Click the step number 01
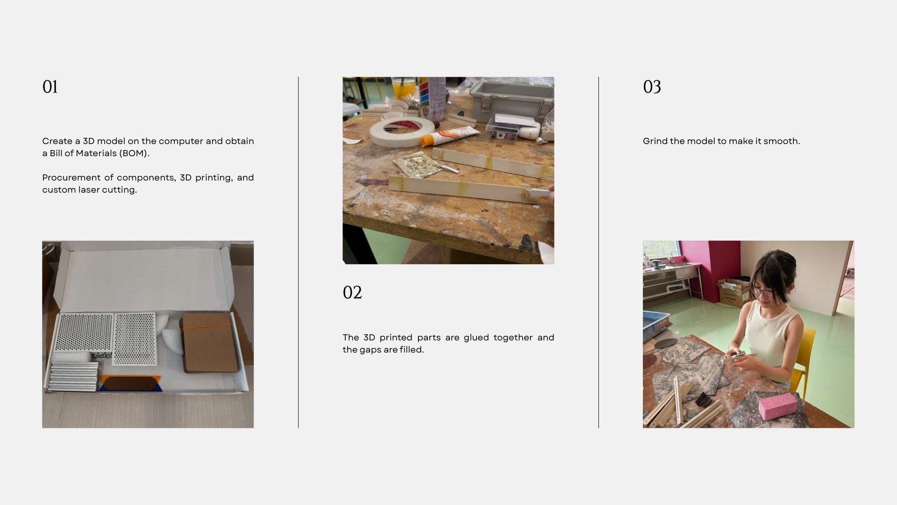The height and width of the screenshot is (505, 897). point(50,87)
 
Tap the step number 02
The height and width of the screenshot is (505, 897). point(352,292)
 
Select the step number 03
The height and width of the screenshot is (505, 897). point(652,87)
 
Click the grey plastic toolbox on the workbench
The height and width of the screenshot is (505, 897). point(512,101)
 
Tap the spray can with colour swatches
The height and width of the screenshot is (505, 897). point(431,99)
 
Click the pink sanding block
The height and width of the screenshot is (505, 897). point(777,405)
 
